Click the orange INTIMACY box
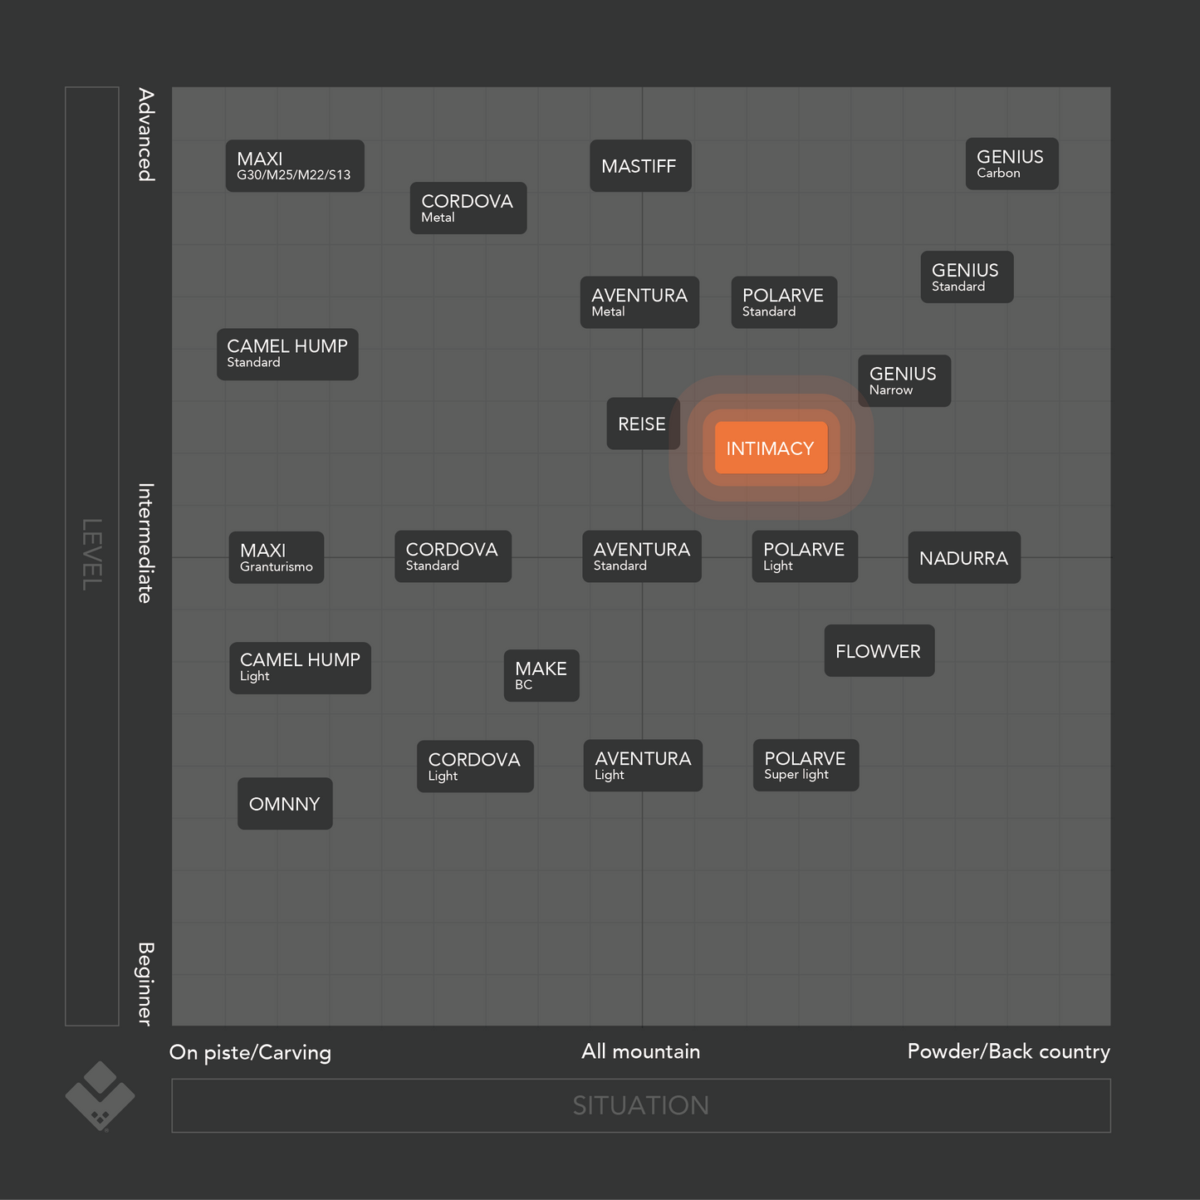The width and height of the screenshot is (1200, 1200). [x=771, y=448]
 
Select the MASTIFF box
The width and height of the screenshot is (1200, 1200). [x=640, y=166]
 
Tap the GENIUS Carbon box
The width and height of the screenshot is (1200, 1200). [x=1011, y=164]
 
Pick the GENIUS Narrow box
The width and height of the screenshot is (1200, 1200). [x=904, y=381]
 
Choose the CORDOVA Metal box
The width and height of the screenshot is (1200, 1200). [x=468, y=208]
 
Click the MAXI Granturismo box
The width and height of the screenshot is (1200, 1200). [x=277, y=558]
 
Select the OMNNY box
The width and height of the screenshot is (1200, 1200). [x=285, y=804]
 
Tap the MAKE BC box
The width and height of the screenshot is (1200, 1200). [x=541, y=676]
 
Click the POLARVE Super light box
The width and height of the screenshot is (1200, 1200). [x=806, y=766]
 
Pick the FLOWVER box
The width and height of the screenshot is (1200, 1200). [x=879, y=651]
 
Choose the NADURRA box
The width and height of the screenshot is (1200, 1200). [x=963, y=558]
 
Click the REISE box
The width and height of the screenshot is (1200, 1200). [x=643, y=424]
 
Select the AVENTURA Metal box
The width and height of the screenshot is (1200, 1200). [x=639, y=303]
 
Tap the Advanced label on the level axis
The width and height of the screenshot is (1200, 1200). [x=146, y=135]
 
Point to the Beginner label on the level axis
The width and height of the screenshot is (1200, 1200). [x=146, y=983]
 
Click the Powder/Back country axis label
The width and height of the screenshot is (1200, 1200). [x=1008, y=1051]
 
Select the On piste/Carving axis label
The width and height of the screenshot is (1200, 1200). [x=250, y=1052]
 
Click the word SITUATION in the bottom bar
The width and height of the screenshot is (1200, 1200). [x=640, y=1105]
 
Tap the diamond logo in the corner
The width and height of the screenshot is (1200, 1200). [x=100, y=1095]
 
